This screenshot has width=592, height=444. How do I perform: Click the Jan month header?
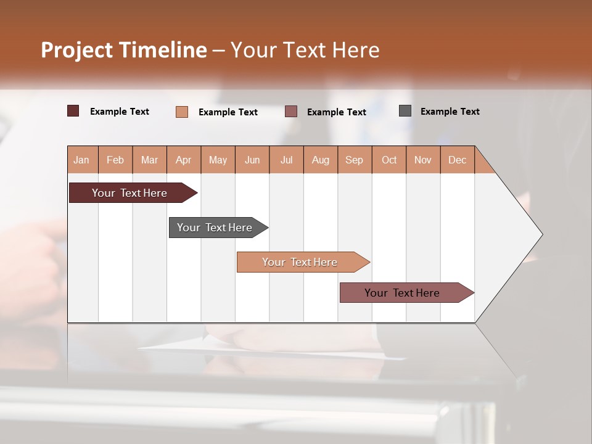pyautogui.click(x=81, y=160)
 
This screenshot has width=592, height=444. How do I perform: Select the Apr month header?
pyautogui.click(x=183, y=160)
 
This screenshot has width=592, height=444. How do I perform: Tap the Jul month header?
pyautogui.click(x=286, y=160)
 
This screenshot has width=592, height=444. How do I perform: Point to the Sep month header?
pyautogui.click(x=354, y=160)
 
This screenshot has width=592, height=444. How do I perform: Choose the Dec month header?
pyautogui.click(x=457, y=160)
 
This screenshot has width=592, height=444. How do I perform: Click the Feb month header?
pyautogui.click(x=115, y=160)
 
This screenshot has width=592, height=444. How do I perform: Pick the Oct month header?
pyautogui.click(x=389, y=160)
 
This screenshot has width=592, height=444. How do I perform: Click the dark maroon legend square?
pyautogui.click(x=73, y=111)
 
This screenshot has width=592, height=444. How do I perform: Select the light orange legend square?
pyautogui.click(x=182, y=112)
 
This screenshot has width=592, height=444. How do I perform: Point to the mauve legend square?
pyautogui.click(x=291, y=112)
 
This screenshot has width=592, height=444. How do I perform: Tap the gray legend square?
pyautogui.click(x=405, y=111)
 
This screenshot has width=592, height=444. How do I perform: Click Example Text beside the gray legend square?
pyautogui.click(x=450, y=112)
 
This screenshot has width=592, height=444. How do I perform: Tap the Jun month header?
pyautogui.click(x=252, y=160)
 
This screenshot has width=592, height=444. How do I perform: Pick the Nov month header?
pyautogui.click(x=423, y=160)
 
